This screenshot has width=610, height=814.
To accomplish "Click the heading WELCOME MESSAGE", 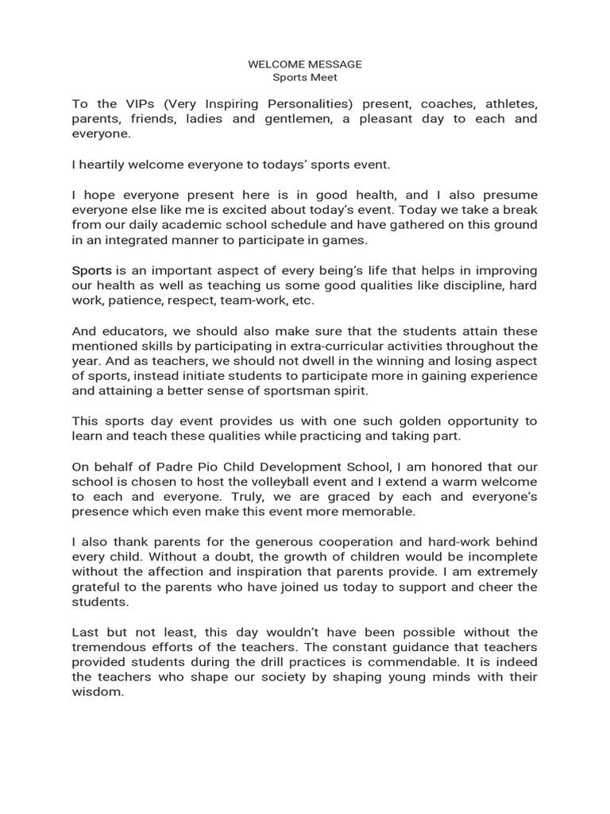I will pos(305,64).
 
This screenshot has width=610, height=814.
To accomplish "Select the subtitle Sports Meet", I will pos(305,78).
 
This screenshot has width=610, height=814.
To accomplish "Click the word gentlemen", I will pos(294,119).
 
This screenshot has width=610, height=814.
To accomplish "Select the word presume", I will pos(508,195).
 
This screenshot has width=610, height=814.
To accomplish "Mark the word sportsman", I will pos(288,392).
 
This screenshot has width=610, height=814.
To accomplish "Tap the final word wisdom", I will pos(98,692).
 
